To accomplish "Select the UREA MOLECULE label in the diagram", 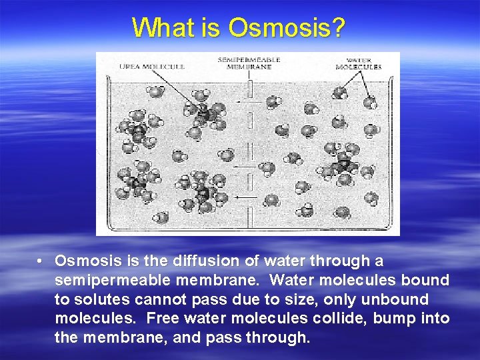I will point(151,66).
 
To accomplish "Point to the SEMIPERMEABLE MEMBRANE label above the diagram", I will point(248,63).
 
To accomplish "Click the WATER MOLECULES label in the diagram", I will point(358,63).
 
